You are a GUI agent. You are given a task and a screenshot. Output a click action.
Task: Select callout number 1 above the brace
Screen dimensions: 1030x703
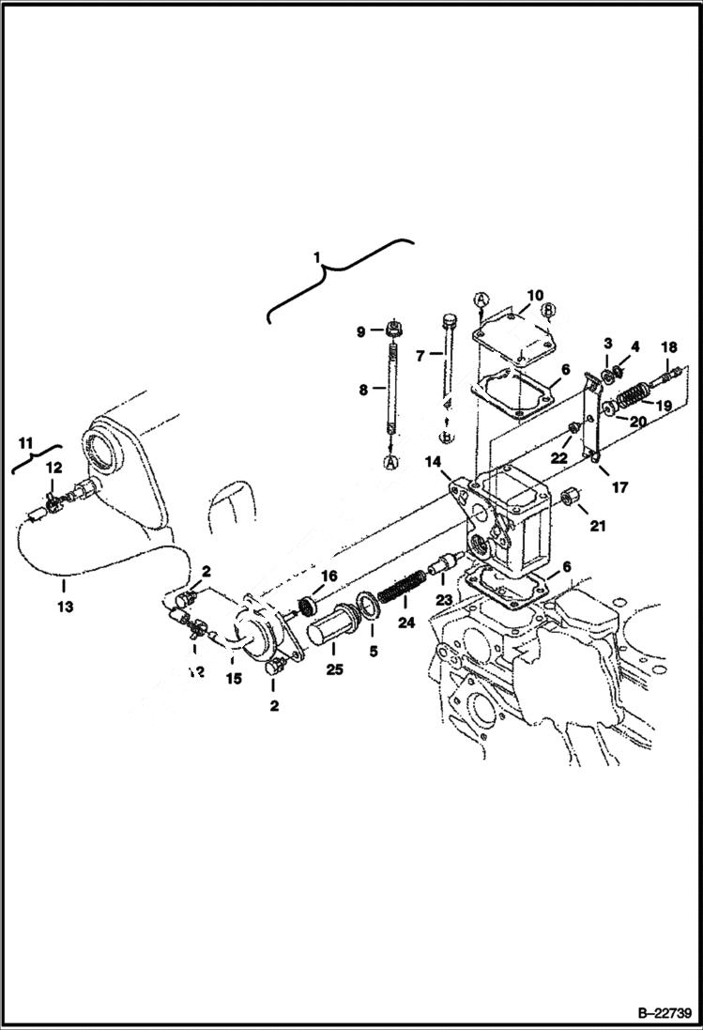(316, 255)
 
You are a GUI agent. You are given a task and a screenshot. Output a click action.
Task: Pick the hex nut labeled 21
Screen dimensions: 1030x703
(569, 497)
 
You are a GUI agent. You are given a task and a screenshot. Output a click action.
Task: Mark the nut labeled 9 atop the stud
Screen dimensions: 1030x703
(392, 331)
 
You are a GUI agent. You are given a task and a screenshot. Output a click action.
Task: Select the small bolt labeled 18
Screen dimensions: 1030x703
(668, 377)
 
